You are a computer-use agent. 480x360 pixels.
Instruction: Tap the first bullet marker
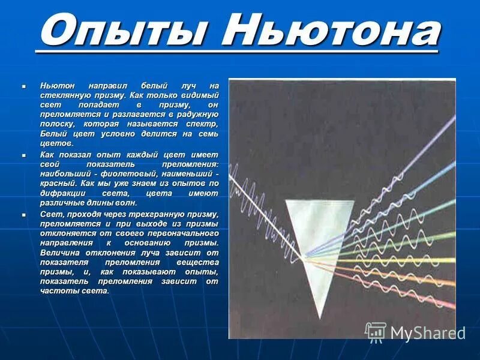[24, 86]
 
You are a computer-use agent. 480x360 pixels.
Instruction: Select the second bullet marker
[24, 155]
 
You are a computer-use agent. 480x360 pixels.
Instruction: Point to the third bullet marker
[24, 214]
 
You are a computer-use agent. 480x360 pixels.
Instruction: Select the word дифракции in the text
[67, 193]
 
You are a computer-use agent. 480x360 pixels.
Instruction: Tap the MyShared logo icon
[376, 332]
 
